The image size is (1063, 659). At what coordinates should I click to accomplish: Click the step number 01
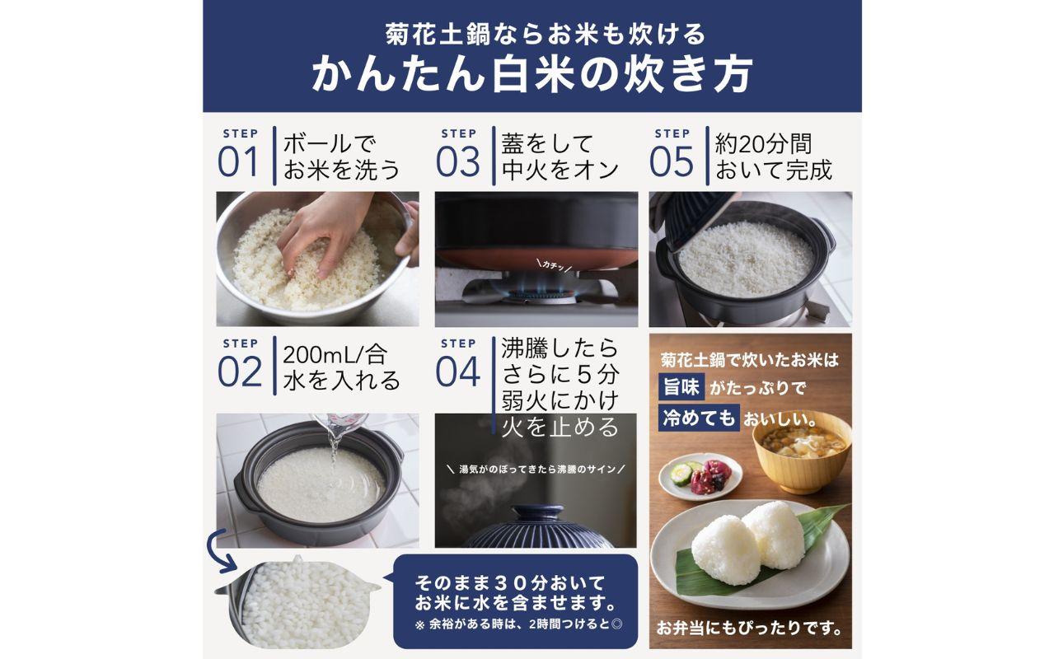point(238,161)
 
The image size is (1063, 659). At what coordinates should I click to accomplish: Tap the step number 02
point(239,372)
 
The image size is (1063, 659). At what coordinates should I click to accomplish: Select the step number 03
point(457,161)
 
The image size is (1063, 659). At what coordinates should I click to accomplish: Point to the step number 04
point(457,372)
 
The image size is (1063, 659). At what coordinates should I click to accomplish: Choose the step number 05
point(672,161)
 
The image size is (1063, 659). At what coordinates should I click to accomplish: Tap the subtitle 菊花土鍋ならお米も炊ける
point(531,34)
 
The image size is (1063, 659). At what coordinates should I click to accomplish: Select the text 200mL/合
point(335,355)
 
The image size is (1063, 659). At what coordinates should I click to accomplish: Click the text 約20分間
point(764,144)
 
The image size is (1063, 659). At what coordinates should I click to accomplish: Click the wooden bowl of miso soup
point(798,452)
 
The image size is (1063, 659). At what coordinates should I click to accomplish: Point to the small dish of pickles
point(700,475)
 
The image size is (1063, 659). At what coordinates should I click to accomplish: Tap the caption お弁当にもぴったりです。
point(749,629)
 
